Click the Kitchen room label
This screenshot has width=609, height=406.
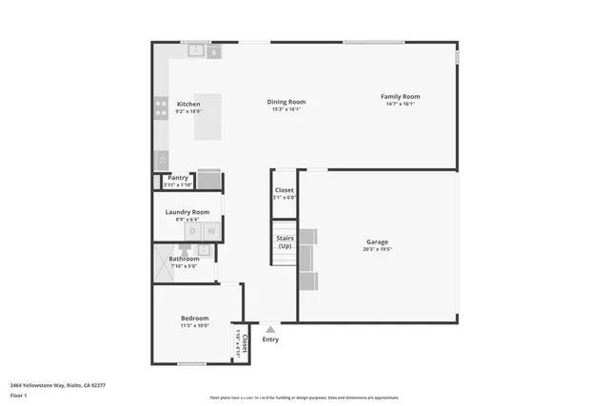[x=188, y=104]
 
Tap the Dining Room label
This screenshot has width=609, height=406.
[x=286, y=102]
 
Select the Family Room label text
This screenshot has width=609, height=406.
[x=401, y=96]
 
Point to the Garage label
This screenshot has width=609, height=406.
[x=377, y=242]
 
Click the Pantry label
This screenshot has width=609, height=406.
[x=178, y=177]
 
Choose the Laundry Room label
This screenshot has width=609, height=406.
[x=187, y=212]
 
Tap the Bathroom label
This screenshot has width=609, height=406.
[x=185, y=259]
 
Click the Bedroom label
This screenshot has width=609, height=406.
[x=195, y=318]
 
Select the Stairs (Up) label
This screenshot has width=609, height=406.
[x=285, y=242]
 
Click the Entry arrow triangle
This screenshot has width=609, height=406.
[x=270, y=329]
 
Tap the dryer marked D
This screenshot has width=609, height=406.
[x=193, y=231]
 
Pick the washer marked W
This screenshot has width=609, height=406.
[x=212, y=231]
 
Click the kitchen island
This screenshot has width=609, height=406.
[x=214, y=116]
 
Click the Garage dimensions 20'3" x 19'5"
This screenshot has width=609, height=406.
[x=377, y=250]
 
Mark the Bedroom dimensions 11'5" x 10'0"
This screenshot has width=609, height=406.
[x=195, y=326]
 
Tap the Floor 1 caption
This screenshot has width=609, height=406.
[x=17, y=395]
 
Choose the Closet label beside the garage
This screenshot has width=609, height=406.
[x=285, y=190]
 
